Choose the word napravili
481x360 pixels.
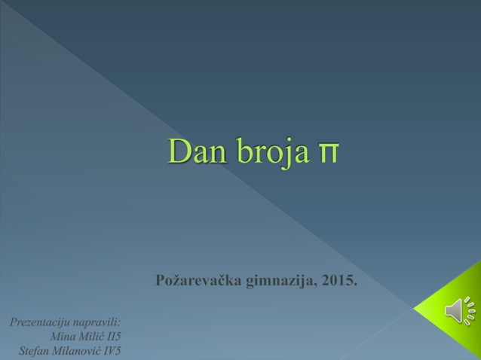click(97, 322)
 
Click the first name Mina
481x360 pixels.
click(61, 337)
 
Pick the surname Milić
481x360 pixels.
click(90, 337)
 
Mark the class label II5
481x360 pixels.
click(113, 337)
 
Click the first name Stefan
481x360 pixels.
click(33, 351)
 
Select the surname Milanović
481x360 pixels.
click(77, 351)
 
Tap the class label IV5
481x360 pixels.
click(112, 351)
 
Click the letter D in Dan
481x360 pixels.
click(178, 151)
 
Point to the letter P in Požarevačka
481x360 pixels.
click(160, 282)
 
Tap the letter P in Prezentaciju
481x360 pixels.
click(14, 322)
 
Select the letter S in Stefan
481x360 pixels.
click(21, 351)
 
